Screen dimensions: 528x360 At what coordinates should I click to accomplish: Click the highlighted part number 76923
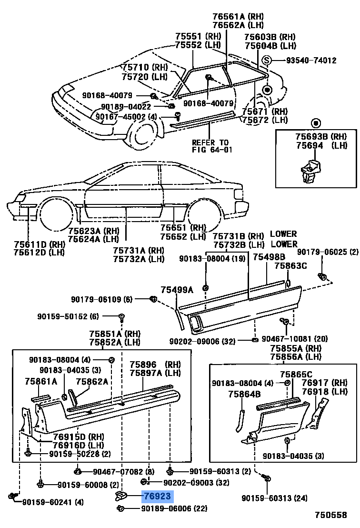pos(158,497)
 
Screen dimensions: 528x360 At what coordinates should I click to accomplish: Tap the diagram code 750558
pos(331,515)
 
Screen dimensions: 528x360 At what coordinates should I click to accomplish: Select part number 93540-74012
pos(311,61)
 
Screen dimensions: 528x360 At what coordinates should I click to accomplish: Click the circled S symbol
pos(267,61)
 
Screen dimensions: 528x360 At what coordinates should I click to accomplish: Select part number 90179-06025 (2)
pos(328,252)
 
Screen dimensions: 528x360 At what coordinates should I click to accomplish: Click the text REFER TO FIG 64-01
pos(210,146)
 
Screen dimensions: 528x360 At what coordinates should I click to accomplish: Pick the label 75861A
pos(41,381)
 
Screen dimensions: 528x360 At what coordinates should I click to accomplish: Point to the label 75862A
pos(92,381)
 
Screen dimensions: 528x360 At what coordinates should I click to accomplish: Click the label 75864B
pos(244,394)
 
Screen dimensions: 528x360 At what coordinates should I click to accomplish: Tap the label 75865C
pos(296,374)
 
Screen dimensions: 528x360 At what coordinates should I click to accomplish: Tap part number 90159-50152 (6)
pos(68,316)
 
